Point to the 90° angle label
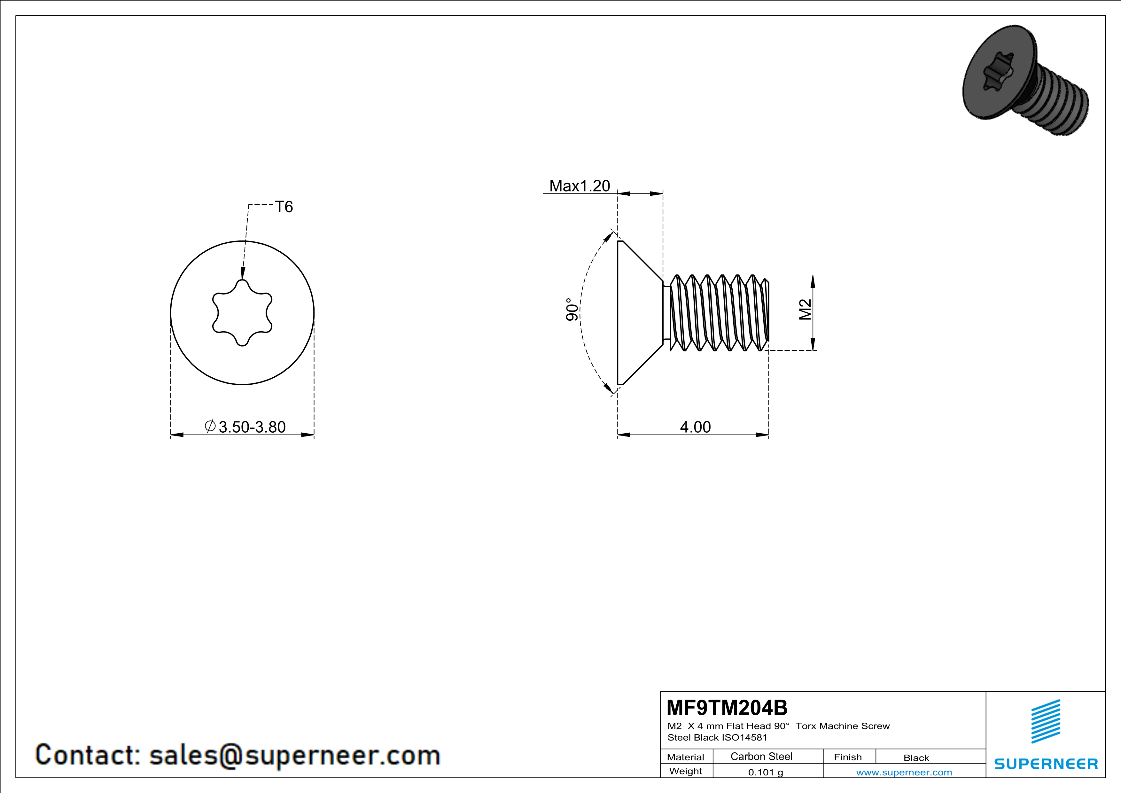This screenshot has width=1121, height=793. pyautogui.click(x=572, y=310)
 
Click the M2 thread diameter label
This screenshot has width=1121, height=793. pyautogui.click(x=805, y=310)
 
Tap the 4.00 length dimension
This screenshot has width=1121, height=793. pyautogui.click(x=695, y=427)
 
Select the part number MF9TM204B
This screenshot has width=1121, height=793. pyautogui.click(x=727, y=708)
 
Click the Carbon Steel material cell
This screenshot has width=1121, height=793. pyautogui.click(x=761, y=756)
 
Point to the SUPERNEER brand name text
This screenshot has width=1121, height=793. pyautogui.click(x=1046, y=764)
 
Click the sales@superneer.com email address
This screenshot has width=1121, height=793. pyautogui.click(x=295, y=755)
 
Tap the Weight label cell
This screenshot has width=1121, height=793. pyautogui.click(x=686, y=771)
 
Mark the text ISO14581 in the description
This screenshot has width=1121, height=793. pyautogui.click(x=745, y=737)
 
